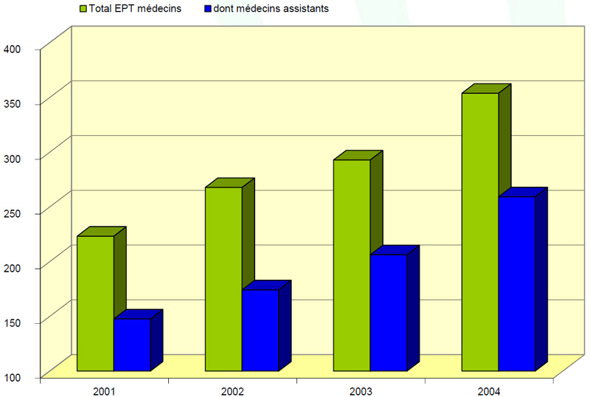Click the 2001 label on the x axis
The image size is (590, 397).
[104, 391]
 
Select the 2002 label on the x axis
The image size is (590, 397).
[232, 391]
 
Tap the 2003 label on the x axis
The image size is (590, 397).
[361, 391]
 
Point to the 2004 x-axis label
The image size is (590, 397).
[489, 391]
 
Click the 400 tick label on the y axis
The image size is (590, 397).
[13, 49]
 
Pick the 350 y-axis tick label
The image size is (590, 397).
[13, 103]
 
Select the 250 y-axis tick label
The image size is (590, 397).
[13, 213]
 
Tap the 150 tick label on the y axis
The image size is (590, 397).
[13, 322]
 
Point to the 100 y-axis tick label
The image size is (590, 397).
[13, 377]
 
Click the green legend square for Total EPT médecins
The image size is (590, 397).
[83, 9]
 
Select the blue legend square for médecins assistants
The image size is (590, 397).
[208, 9]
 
